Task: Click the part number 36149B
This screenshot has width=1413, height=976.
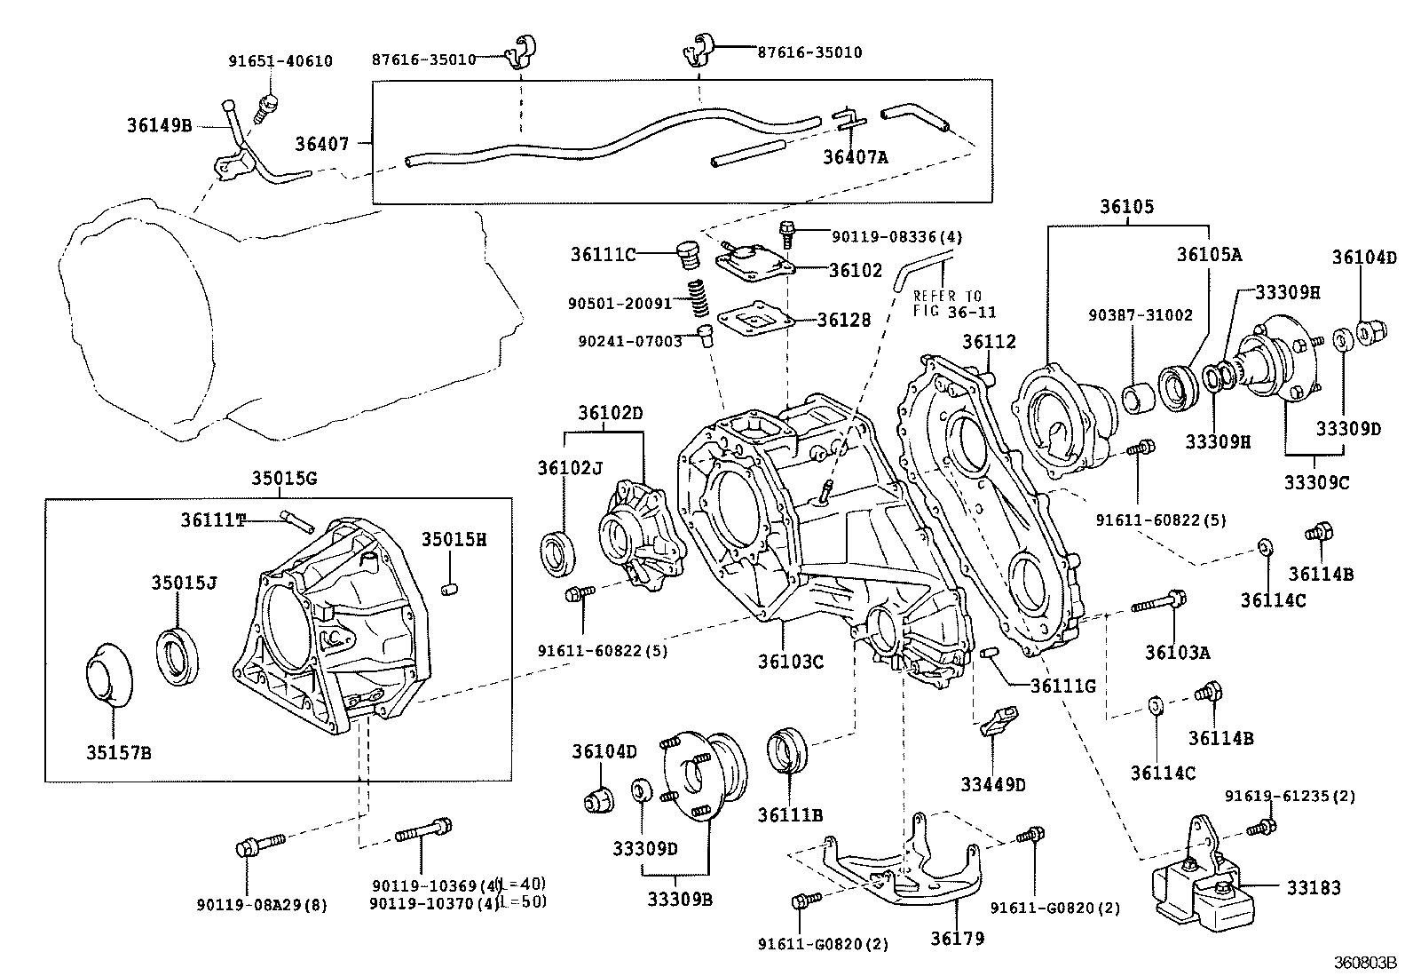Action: coord(158,125)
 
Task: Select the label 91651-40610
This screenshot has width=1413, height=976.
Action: coord(280,61)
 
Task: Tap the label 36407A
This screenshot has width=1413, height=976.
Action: coord(855,157)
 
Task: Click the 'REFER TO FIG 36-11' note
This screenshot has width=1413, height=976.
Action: coord(955,304)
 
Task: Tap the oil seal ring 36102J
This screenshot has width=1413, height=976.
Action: coord(560,548)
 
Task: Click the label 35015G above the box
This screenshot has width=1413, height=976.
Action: coord(283,480)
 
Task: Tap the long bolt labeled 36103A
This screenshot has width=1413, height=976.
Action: coord(1158,604)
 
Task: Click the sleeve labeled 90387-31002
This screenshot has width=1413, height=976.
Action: coord(1139,396)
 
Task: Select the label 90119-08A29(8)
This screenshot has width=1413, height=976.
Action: coord(262,905)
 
